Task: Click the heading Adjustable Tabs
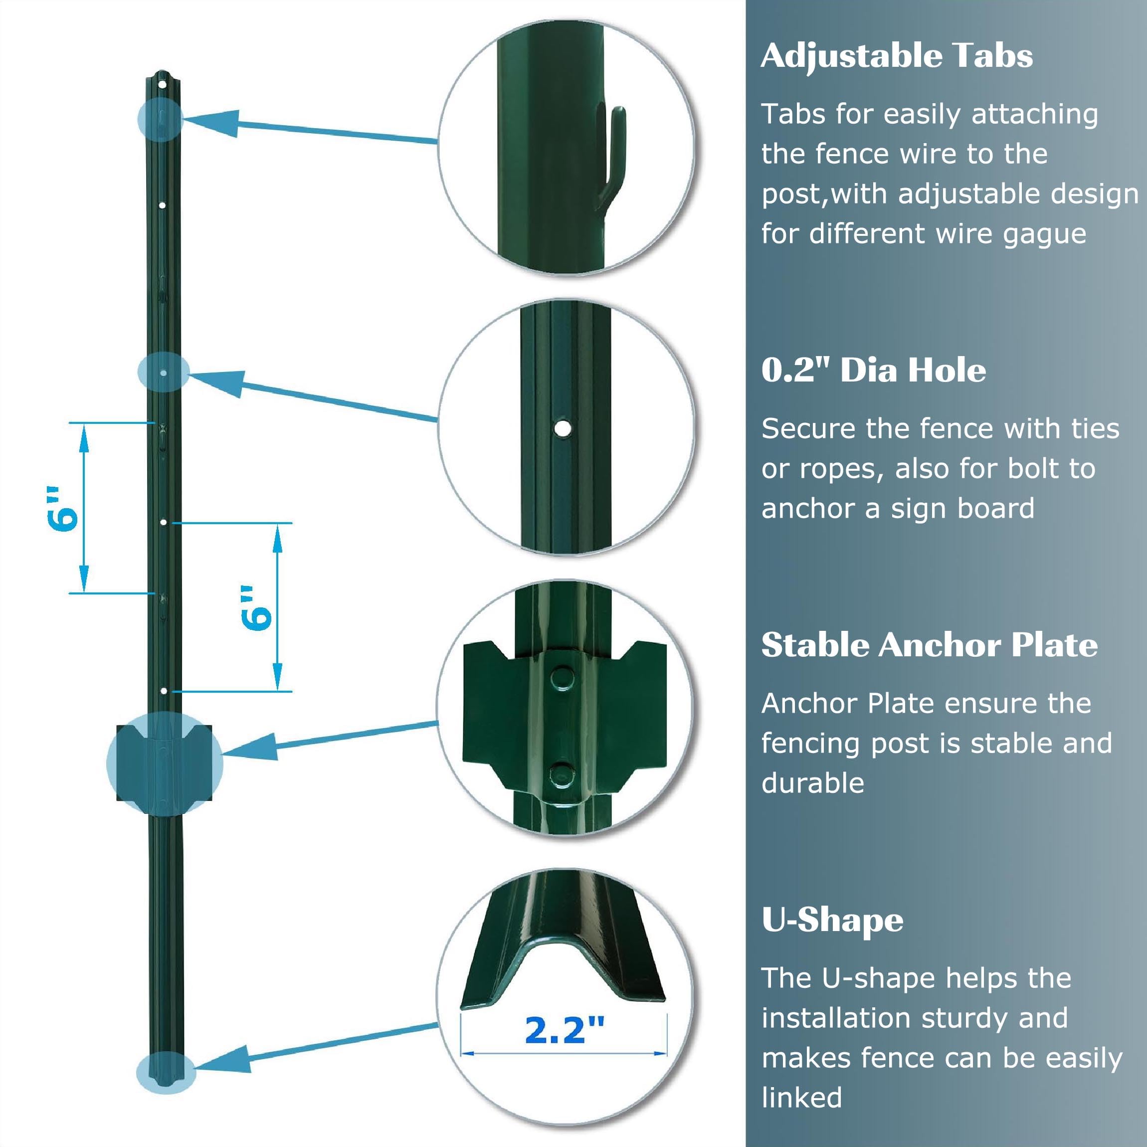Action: tap(897, 57)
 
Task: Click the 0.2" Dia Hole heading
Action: tap(873, 371)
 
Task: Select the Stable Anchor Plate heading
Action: tap(929, 645)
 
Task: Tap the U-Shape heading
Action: tap(832, 921)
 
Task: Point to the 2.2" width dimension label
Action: tap(564, 1030)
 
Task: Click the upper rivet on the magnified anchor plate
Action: tap(561, 677)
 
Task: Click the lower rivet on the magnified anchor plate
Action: tap(561, 773)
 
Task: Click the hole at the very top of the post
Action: tap(162, 85)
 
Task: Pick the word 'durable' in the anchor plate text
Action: tap(813, 783)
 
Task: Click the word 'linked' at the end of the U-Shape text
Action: tap(801, 1097)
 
